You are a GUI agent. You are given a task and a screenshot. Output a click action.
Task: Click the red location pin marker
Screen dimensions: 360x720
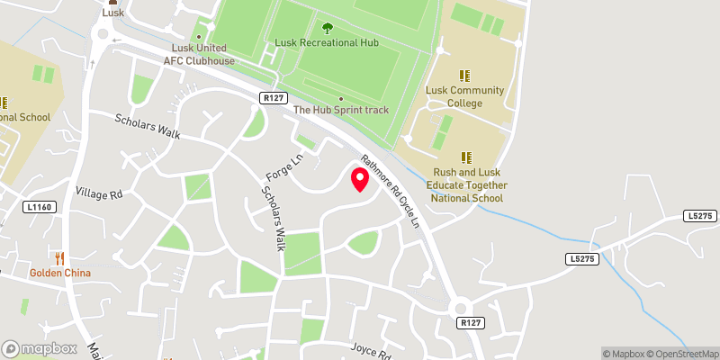point(360,179)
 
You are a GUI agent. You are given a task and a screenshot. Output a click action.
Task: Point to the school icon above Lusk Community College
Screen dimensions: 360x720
point(465,76)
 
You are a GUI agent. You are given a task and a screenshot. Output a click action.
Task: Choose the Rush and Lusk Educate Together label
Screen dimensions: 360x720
point(470,184)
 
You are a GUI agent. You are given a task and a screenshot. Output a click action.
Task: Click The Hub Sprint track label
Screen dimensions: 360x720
point(342,110)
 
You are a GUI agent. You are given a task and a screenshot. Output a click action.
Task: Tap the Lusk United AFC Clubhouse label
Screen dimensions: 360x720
point(199,55)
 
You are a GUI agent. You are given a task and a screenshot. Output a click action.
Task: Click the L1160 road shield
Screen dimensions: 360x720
point(40,207)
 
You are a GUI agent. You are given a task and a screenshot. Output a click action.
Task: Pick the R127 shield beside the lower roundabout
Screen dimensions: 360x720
point(468,322)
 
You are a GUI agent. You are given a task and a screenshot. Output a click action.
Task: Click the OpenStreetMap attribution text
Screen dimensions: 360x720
point(685,353)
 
